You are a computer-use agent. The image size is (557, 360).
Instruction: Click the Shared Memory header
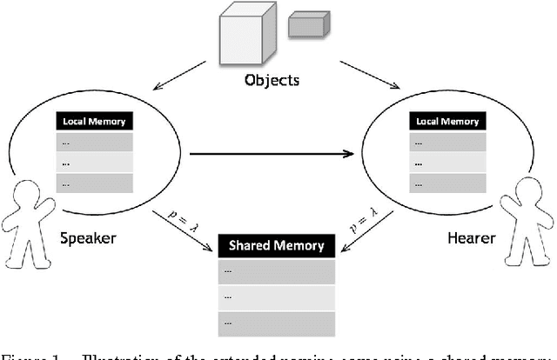277,245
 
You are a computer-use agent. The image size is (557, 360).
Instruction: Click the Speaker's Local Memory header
94,121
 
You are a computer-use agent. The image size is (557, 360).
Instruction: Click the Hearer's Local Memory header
448,121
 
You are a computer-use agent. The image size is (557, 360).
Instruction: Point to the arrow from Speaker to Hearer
270,154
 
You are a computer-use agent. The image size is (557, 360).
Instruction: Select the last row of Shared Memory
277,320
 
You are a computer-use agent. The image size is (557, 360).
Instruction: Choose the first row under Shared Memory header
277,270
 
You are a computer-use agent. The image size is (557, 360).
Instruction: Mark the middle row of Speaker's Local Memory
94,162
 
